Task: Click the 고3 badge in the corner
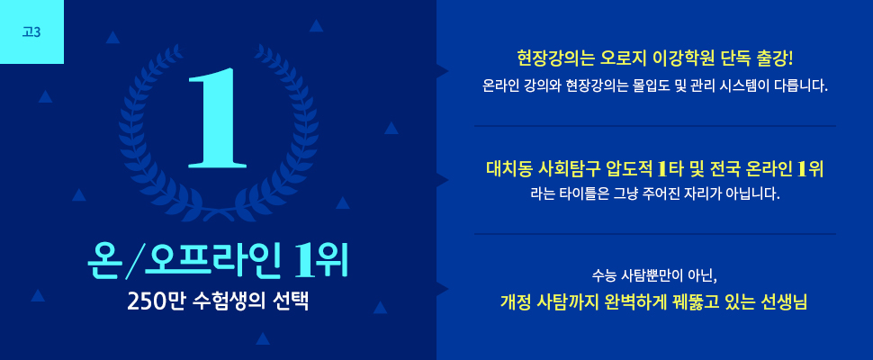point(31,31)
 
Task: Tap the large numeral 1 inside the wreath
point(217,117)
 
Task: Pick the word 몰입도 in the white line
point(649,86)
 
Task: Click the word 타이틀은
point(581,195)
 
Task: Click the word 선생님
point(787,303)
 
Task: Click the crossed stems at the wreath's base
point(218,212)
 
